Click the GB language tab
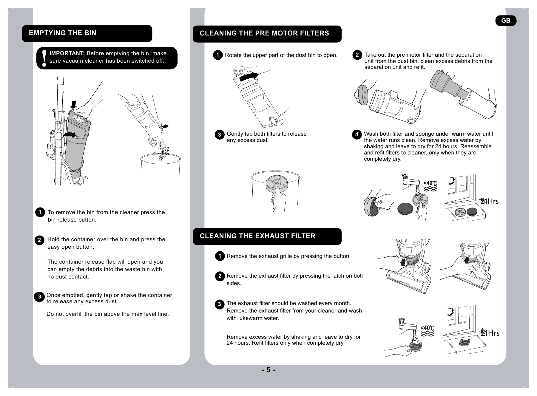(506, 21)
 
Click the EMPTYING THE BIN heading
(63, 33)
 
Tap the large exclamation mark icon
(44, 58)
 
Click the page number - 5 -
(268, 370)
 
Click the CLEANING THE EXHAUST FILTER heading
(257, 236)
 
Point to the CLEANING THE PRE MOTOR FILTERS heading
(264, 33)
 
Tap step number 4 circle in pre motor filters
(357, 135)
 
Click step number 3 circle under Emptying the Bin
(39, 297)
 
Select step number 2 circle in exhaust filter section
(220, 276)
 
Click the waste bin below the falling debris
(161, 165)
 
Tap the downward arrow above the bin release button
(73, 105)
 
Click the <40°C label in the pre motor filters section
(430, 183)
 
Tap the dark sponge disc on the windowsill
(472, 212)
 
